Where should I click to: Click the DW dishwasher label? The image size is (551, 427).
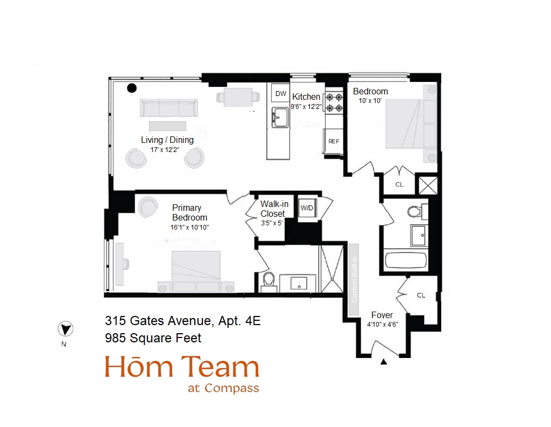pyautogui.click(x=281, y=94)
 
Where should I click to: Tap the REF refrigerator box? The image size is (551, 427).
pyautogui.click(x=334, y=141)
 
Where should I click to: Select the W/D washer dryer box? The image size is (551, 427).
pyautogui.click(x=307, y=208)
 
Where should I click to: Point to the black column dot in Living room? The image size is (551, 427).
pyautogui.click(x=131, y=88)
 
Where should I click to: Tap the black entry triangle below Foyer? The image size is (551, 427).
pyautogui.click(x=384, y=362)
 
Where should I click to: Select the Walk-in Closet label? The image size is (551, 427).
pyautogui.click(x=274, y=209)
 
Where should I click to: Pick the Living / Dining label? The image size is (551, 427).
pyautogui.click(x=167, y=140)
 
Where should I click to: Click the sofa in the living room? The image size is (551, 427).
pyautogui.click(x=168, y=108)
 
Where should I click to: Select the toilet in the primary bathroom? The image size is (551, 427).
pyautogui.click(x=268, y=280)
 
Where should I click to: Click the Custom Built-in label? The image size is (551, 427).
pyautogui.click(x=354, y=280)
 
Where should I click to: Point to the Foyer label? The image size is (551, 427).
pyautogui.click(x=382, y=315)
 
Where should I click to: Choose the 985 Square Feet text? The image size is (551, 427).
pyautogui.click(x=153, y=338)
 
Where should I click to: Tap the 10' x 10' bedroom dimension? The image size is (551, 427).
pyautogui.click(x=370, y=101)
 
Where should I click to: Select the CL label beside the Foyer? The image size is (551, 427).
pyautogui.click(x=421, y=295)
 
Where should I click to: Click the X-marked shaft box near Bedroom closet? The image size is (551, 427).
pyautogui.click(x=428, y=185)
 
